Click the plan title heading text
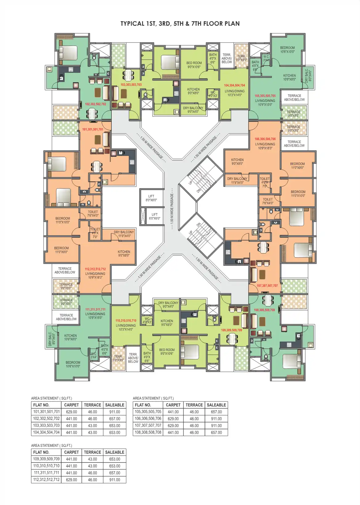tap(180, 24)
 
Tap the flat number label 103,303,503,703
tap(131, 85)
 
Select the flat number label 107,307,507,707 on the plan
tap(267, 286)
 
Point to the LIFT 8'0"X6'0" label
tap(151, 198)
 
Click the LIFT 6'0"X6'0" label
tap(154, 216)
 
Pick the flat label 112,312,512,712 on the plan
tap(95, 269)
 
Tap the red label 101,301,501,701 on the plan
tap(93, 129)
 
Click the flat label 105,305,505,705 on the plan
tap(265, 96)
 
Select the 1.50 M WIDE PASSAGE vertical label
tap(172, 208)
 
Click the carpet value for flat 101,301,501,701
tap(71, 412)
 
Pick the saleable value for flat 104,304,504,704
tap(114, 432)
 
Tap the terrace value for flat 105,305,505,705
tap(194, 412)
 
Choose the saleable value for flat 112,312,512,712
tap(114, 480)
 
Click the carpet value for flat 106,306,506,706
tap(173, 419)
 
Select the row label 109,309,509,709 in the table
tap(46, 459)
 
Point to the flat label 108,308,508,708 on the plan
tap(264, 310)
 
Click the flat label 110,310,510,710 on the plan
tap(126, 321)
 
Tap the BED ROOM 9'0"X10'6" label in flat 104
tap(194, 65)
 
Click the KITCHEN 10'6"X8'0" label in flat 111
tap(70, 337)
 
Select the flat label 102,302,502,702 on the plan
tap(95, 104)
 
